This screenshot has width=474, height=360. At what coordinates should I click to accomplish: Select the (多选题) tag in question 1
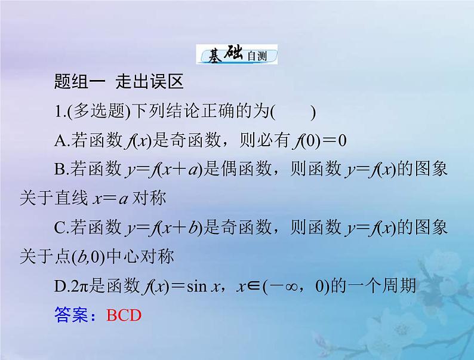click(x=91, y=112)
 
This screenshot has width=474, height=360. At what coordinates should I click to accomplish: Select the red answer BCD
click(x=124, y=315)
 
